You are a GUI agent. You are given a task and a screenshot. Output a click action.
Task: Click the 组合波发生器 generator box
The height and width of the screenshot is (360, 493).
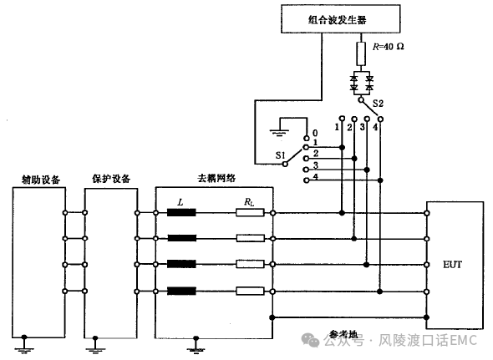(341, 19)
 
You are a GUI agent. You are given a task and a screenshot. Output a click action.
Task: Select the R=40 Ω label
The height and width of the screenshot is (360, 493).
(389, 47)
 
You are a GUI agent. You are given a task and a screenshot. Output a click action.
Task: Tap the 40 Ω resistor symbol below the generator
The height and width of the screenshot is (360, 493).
(361, 53)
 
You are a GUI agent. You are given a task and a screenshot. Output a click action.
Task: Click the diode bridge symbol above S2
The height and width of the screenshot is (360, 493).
(362, 83)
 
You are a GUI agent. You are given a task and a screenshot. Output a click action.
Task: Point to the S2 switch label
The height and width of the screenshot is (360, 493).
(378, 103)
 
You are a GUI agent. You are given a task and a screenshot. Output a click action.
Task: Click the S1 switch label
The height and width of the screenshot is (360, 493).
(280, 155)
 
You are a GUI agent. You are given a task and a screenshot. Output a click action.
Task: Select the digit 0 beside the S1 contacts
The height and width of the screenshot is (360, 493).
(315, 134)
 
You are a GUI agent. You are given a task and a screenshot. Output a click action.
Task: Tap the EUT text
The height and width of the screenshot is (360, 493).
(452, 265)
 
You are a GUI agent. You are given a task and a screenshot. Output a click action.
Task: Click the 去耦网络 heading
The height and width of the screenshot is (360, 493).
(216, 178)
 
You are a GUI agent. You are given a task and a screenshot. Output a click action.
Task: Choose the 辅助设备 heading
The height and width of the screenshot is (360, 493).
(41, 180)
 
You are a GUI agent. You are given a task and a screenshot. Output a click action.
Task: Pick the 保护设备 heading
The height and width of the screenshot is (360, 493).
(111, 179)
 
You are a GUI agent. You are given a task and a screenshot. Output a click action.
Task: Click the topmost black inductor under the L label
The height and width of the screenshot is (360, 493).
(181, 213)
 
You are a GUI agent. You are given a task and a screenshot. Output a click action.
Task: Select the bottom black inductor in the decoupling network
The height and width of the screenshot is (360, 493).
(181, 292)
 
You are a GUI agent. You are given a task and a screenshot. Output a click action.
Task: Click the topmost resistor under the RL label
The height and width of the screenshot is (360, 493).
(250, 213)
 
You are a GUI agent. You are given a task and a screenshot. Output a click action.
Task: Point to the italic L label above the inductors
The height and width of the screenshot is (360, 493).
(180, 202)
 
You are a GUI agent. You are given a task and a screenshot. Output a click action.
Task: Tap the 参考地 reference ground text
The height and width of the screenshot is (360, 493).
(343, 334)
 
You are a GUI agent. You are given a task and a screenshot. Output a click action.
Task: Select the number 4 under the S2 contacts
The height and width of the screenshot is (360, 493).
(375, 127)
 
